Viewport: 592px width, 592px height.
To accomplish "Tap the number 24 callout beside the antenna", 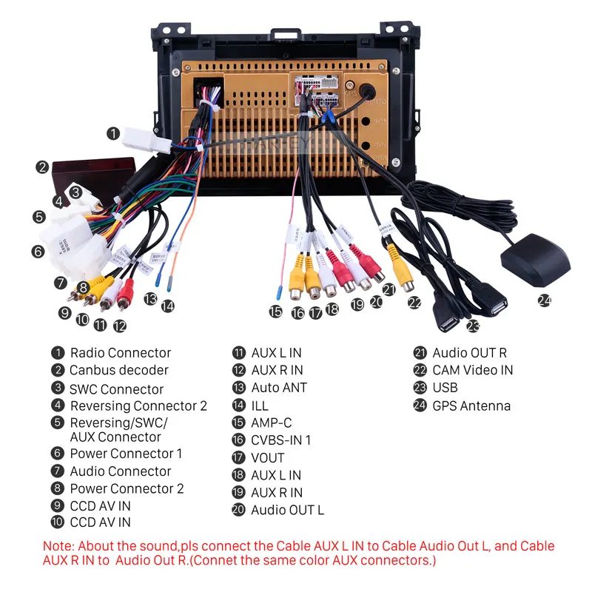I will tap(545, 300).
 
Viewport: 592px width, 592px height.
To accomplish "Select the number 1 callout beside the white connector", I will tap(112, 134).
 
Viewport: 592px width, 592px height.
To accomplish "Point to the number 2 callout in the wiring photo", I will tap(43, 167).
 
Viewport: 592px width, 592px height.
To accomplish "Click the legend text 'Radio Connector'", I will tap(120, 353).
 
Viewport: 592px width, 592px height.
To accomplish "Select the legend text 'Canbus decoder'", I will tap(119, 370).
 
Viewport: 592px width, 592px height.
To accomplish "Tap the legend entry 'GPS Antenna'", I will tap(471, 406).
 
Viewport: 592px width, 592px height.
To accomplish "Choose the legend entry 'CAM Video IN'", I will tap(472, 370).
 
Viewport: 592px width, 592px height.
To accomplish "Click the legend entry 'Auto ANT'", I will tap(278, 388).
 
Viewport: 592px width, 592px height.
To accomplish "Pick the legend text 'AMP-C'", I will tap(272, 423).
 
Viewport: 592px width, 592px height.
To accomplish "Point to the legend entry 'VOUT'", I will tap(267, 458).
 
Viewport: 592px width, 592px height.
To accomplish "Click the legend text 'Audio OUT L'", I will tap(287, 510).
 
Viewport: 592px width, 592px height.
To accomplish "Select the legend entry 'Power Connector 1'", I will tap(126, 454).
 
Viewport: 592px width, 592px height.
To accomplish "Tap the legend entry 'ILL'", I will tap(260, 406).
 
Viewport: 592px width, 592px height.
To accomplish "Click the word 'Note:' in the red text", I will tap(58, 546).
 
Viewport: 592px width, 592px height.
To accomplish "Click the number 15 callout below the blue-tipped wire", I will tap(276, 312).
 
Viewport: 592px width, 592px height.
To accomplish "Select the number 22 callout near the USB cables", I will tap(414, 303).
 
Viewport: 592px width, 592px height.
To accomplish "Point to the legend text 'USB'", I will tap(445, 388).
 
